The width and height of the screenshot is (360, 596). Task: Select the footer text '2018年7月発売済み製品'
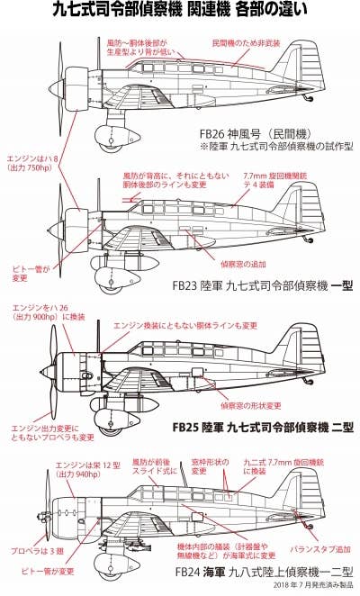[310, 587]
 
